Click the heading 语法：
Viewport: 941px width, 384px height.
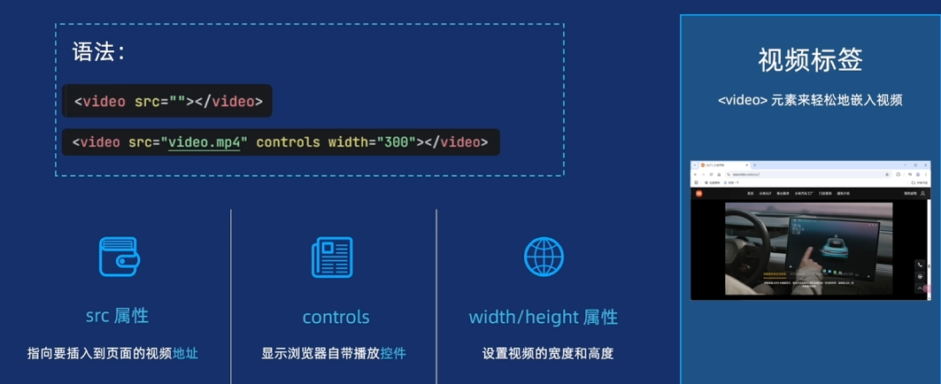coord(98,52)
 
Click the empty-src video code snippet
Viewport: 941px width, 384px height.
coord(168,101)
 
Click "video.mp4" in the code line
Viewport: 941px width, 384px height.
coord(204,142)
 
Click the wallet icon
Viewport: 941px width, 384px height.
coord(119,257)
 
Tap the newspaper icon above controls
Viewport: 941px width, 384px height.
coord(332,257)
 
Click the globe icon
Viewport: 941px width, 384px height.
coord(544,257)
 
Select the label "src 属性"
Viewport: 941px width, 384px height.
coord(117,316)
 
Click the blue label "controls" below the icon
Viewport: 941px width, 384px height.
coord(336,317)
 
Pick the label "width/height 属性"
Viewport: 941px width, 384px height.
coord(543,317)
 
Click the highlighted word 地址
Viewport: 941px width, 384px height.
coord(185,354)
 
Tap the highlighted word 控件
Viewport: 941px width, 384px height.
coord(393,354)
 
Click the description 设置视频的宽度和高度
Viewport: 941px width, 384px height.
coord(547,354)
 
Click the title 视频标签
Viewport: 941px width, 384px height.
coord(809,59)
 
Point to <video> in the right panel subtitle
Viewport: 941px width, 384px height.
coord(742,100)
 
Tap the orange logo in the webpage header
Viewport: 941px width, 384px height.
coord(698,193)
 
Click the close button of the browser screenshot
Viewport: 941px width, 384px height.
coord(924,165)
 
